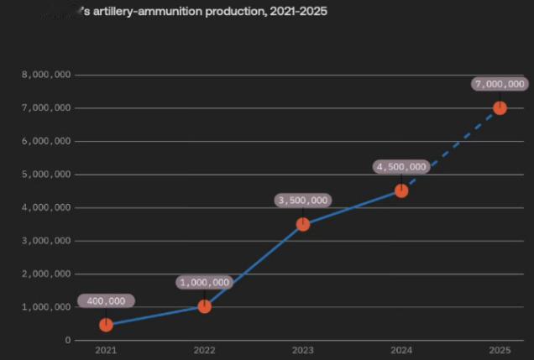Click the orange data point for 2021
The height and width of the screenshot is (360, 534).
tap(106, 325)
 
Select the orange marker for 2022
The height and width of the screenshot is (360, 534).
tap(204, 306)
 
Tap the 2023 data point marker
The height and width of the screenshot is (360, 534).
tap(303, 224)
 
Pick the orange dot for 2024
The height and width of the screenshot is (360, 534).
tap(401, 190)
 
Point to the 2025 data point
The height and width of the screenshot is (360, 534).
tap(500, 107)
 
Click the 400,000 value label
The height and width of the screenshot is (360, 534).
tap(107, 300)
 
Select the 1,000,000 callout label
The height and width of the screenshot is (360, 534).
tap(204, 283)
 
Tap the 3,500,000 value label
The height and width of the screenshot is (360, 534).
tap(303, 201)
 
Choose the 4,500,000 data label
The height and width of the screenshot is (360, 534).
tap(401, 167)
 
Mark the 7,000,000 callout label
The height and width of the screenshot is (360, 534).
tap(500, 84)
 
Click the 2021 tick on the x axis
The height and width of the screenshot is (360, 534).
tap(106, 349)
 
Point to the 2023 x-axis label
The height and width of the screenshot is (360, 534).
tap(303, 349)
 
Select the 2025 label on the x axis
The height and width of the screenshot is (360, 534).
tap(500, 349)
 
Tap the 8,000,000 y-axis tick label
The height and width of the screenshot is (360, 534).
tap(46, 75)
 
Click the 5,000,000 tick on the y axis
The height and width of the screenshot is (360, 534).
tap(46, 175)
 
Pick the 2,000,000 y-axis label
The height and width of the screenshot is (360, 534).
tap(46, 274)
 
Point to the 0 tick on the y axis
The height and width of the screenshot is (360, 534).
tap(67, 340)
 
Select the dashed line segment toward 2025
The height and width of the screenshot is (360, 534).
tap(452, 149)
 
